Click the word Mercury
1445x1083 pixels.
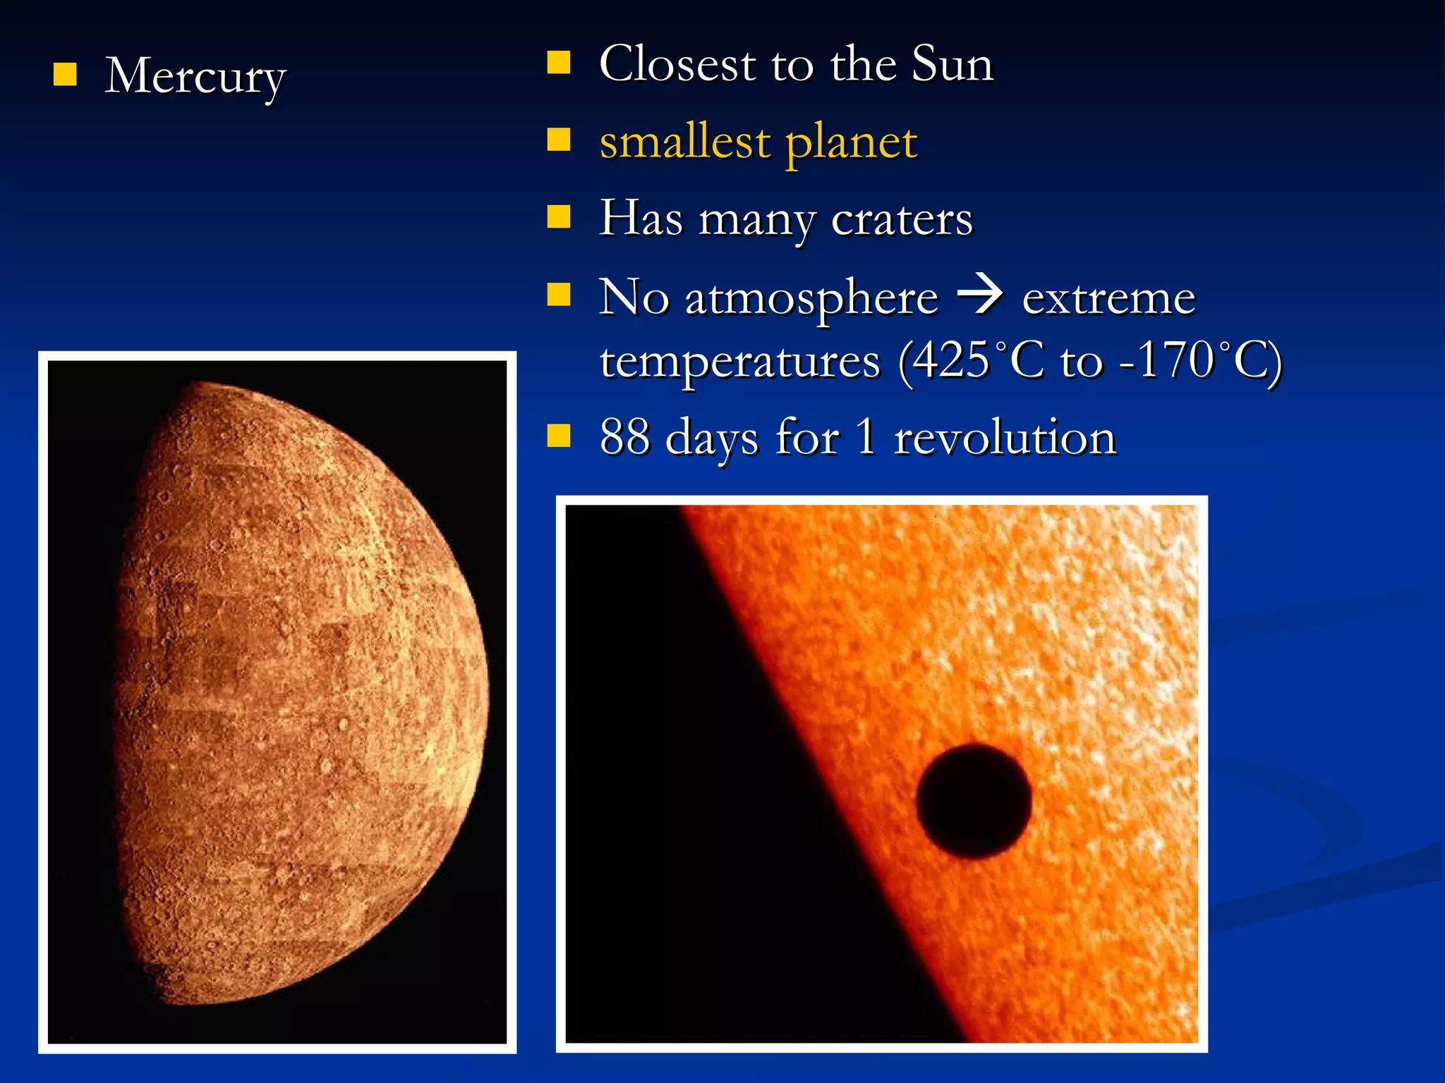pyautogui.click(x=195, y=76)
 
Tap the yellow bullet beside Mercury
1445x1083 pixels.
pyautogui.click(x=65, y=74)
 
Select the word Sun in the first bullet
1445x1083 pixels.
pyautogui.click(x=953, y=63)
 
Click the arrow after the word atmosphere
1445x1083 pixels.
pyautogui.click(x=979, y=295)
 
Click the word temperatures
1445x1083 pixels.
pyautogui.click(x=740, y=362)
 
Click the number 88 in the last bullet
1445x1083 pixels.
pyautogui.click(x=624, y=437)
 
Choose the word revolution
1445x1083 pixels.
pyautogui.click(x=1005, y=437)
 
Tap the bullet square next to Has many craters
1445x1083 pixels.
pyautogui.click(x=559, y=217)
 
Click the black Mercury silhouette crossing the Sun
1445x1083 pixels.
pyautogui.click(x=974, y=801)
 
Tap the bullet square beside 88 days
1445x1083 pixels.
pyautogui.click(x=559, y=436)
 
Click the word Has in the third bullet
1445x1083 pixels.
pyautogui.click(x=641, y=217)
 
